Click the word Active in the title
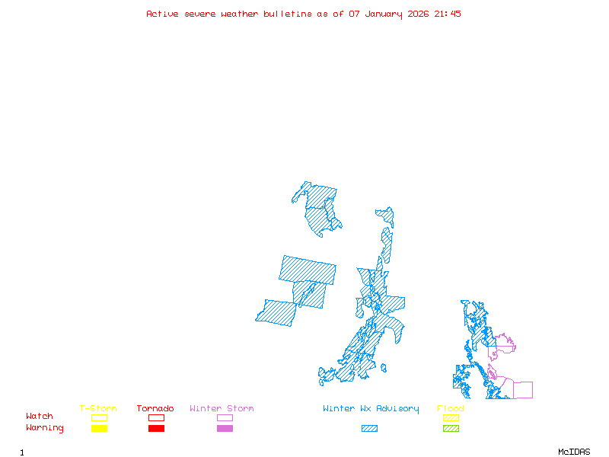pyautogui.click(x=163, y=14)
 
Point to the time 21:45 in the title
pyautogui.click(x=448, y=14)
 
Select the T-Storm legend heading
pyautogui.click(x=98, y=409)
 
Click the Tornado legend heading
pyautogui.click(x=155, y=409)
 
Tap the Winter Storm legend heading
pyautogui.click(x=222, y=409)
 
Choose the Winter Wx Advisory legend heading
pyautogui.click(x=371, y=409)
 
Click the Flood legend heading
pyautogui.click(x=450, y=409)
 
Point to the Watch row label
pyautogui.click(x=40, y=417)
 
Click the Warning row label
pyautogui.click(x=45, y=428)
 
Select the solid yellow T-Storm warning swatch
pyautogui.click(x=99, y=429)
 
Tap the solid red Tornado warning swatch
pyautogui.click(x=156, y=429)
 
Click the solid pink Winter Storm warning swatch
pyautogui.click(x=225, y=429)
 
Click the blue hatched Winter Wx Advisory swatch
pyautogui.click(x=369, y=429)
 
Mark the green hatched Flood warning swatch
pyautogui.click(x=451, y=429)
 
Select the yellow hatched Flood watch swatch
pyautogui.click(x=451, y=417)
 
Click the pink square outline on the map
pyautogui.click(x=523, y=390)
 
